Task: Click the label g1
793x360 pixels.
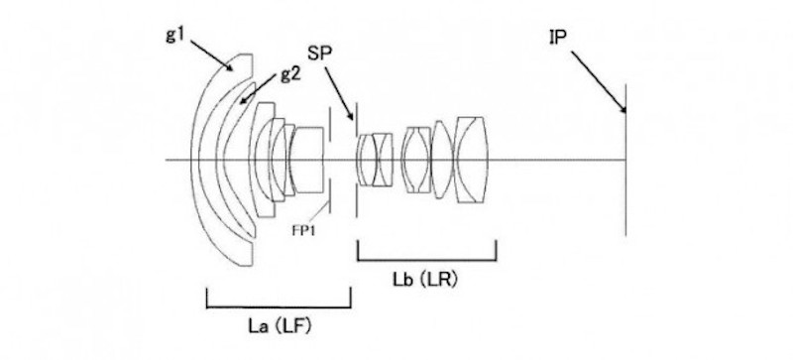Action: (x=175, y=35)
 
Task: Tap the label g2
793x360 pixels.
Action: (x=290, y=75)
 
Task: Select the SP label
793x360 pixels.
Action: (x=318, y=54)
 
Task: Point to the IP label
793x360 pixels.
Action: (x=557, y=37)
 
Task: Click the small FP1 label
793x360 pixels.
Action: (x=303, y=230)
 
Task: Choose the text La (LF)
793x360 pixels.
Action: (x=280, y=326)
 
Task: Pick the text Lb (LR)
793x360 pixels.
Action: (x=425, y=279)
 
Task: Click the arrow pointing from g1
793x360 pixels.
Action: (x=212, y=56)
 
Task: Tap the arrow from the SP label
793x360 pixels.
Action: (x=339, y=94)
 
